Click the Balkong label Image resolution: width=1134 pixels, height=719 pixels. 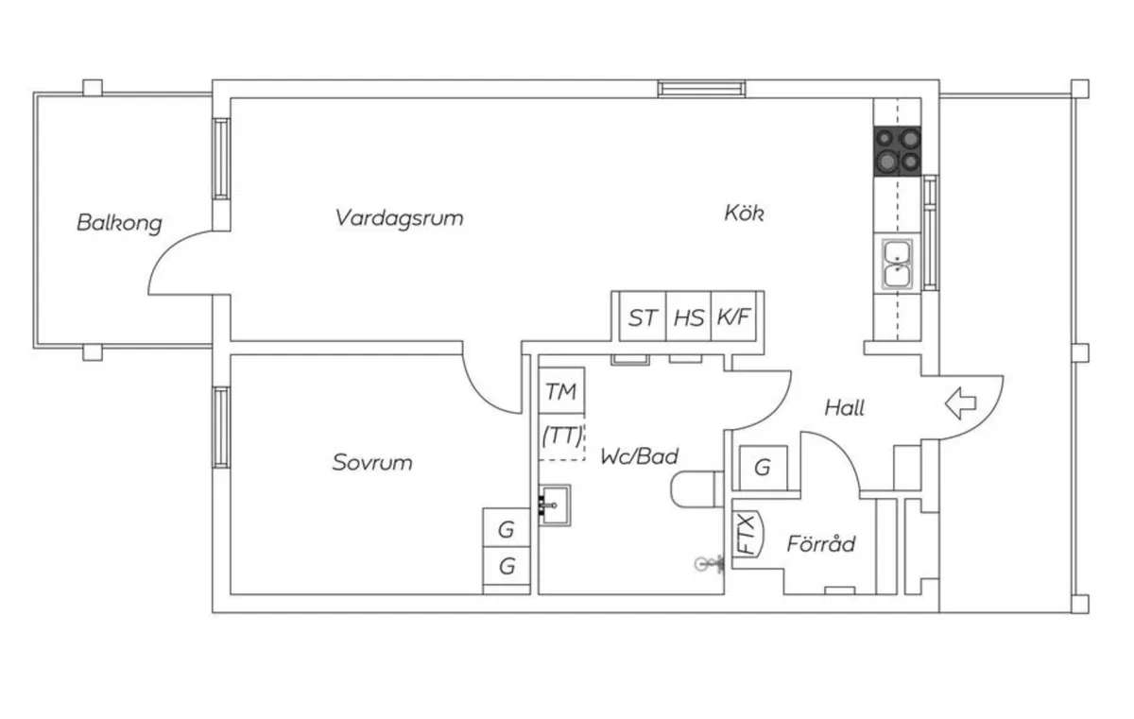(119, 224)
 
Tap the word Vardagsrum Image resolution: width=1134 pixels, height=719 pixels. (399, 218)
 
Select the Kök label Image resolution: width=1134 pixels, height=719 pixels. (744, 214)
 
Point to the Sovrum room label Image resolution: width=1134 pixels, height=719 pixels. (372, 463)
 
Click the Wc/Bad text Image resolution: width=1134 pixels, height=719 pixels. (640, 456)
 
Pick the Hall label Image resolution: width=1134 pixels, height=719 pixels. (844, 408)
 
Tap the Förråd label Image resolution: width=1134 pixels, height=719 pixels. (821, 544)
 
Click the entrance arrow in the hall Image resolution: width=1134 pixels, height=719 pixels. (961, 404)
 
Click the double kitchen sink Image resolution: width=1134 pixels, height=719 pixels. (897, 264)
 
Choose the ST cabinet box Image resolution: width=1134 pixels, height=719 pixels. (643, 317)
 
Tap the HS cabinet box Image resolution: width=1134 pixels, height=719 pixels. (689, 317)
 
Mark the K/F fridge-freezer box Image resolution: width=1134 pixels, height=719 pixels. (734, 317)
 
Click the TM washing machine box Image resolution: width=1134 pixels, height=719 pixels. (561, 392)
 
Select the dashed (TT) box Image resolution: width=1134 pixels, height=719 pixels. (561, 437)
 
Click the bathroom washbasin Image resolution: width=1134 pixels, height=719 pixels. (555, 505)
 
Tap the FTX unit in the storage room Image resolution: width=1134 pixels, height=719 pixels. (747, 534)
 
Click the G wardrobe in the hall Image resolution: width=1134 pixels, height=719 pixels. (762, 467)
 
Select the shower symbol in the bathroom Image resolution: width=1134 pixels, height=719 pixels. (704, 564)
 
